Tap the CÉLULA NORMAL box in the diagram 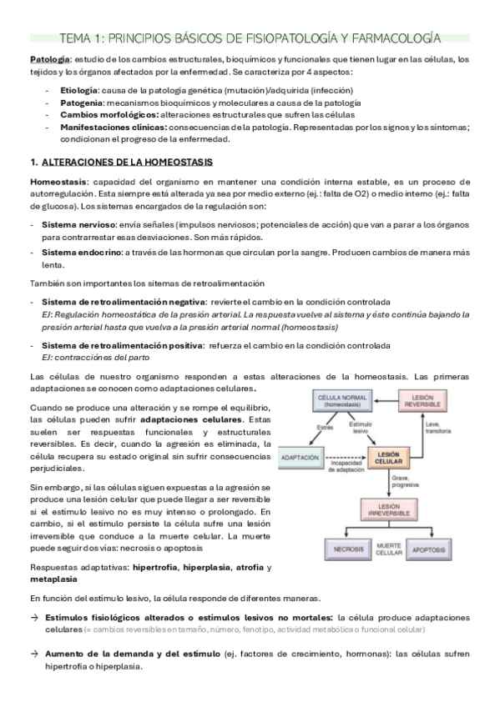coord(343,399)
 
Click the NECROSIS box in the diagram coord(342,549)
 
